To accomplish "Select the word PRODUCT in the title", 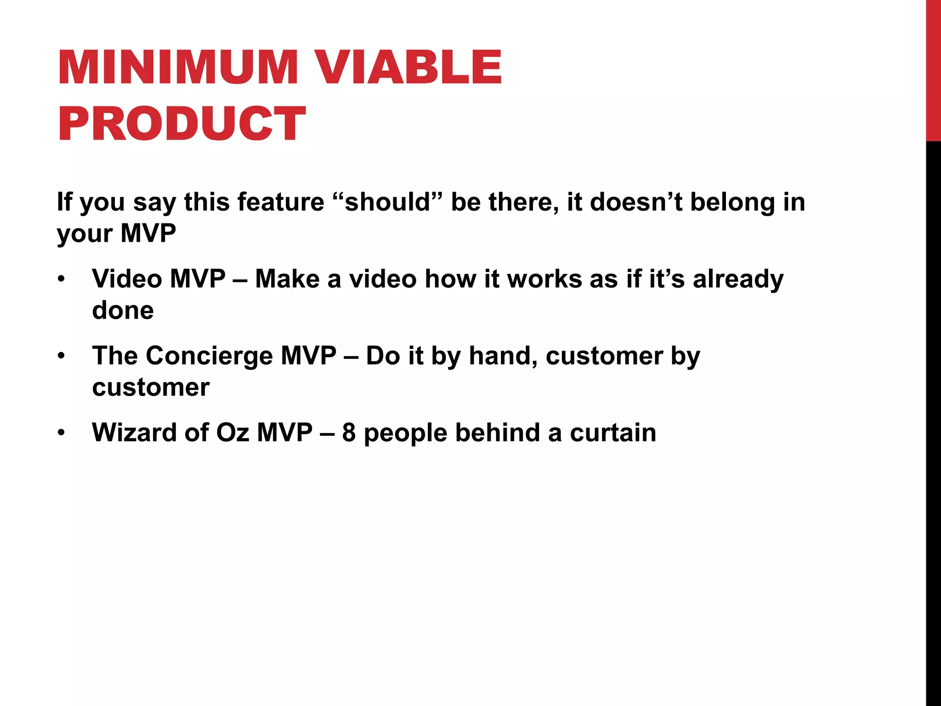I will [x=181, y=123].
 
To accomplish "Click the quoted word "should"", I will [x=386, y=202].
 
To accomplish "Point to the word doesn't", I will [x=636, y=202].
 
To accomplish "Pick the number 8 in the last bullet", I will [x=349, y=433].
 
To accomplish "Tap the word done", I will [x=123, y=310].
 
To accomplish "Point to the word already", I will [x=738, y=279].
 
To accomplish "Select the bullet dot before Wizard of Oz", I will [x=62, y=433].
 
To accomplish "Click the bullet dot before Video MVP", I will [x=62, y=279].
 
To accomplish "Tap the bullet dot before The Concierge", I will [x=62, y=356].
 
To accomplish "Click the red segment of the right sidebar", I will [x=933, y=69].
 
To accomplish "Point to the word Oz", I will [x=232, y=433].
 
